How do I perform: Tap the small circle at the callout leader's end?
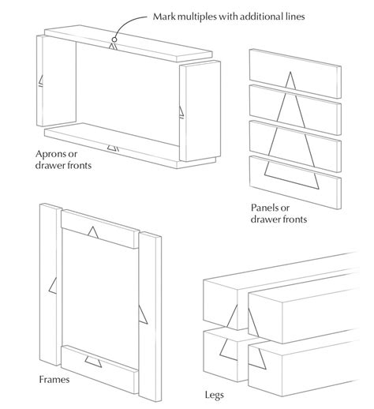[x=114, y=37]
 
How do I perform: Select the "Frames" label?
[x=54, y=380]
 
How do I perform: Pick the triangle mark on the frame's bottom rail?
[x=95, y=362]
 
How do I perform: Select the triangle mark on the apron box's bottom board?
[x=113, y=146]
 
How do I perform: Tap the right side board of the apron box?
[x=196, y=111]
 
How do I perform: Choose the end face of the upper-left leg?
[x=224, y=304]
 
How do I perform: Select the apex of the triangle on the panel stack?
[x=291, y=73]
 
